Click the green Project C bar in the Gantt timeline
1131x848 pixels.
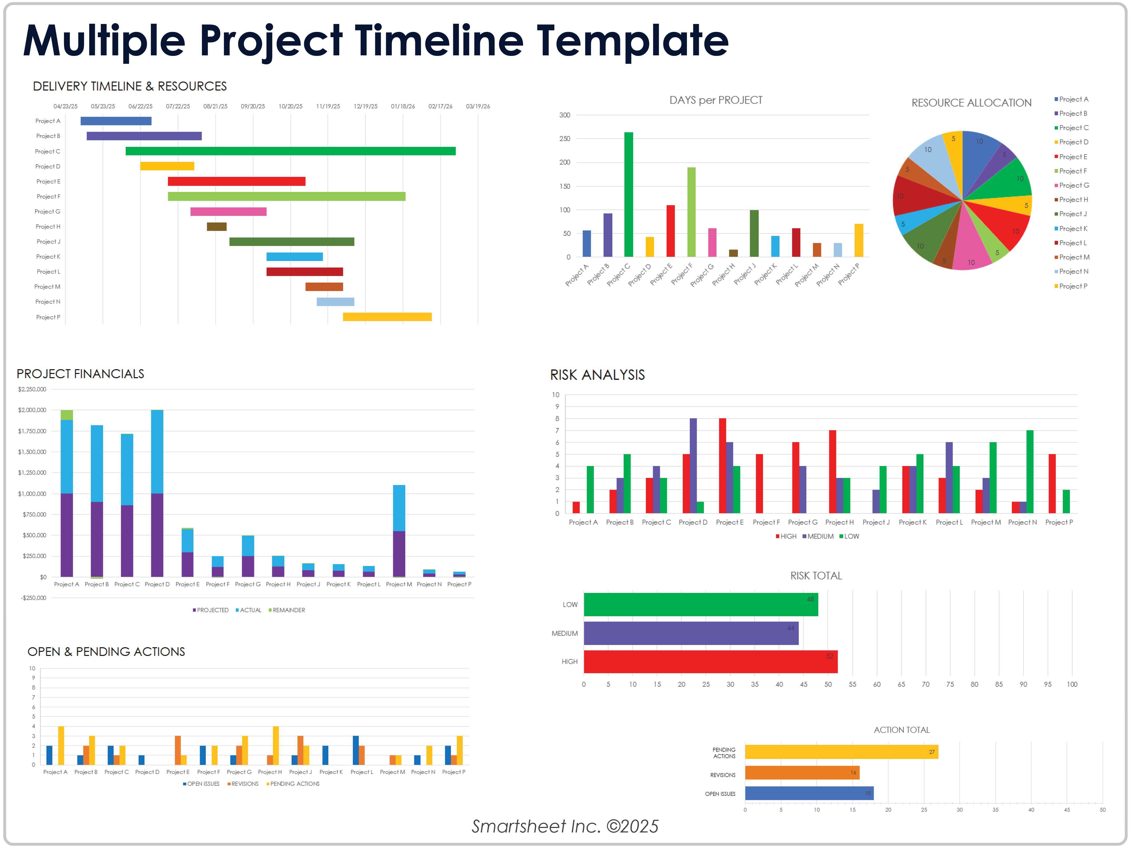(290, 151)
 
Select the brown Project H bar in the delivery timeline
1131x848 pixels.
(216, 227)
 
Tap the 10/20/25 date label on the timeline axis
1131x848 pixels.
(290, 106)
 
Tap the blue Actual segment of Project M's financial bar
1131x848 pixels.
(399, 508)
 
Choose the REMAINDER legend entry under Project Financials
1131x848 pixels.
(287, 610)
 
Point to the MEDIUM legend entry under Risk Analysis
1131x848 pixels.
(818, 536)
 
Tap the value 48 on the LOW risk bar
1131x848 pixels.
(810, 599)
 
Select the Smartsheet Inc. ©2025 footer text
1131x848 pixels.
(565, 826)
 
